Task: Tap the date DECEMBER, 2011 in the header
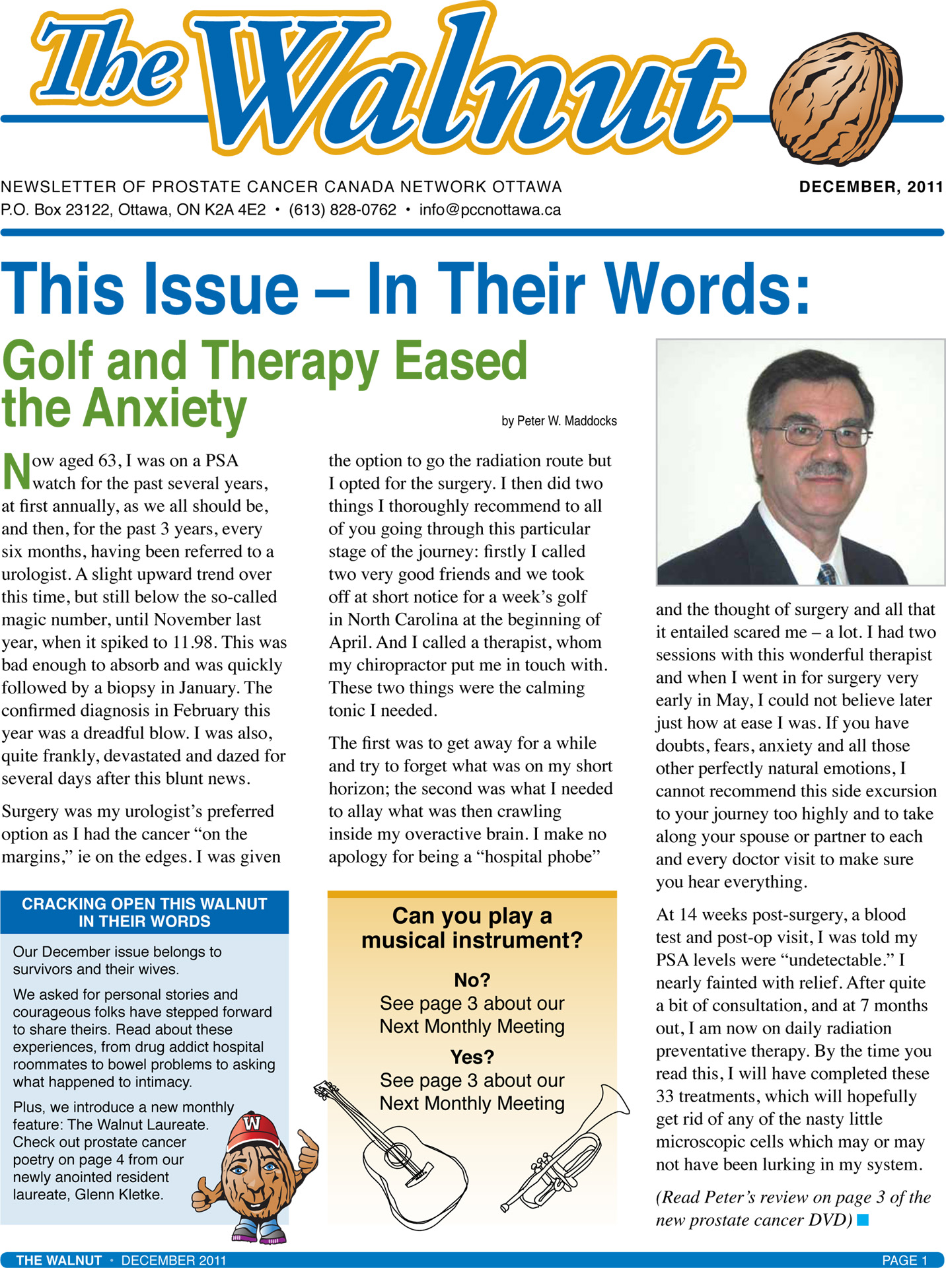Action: [x=871, y=187]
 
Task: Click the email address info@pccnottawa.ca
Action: [x=490, y=210]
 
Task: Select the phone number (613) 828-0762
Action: [x=342, y=210]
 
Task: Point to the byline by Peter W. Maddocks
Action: [x=559, y=421]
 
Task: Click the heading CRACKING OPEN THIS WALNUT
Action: [x=144, y=904]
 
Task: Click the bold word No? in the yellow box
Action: [x=472, y=980]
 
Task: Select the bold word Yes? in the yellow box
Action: [x=472, y=1057]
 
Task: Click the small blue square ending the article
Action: [x=862, y=1220]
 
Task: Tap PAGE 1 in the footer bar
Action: [x=904, y=1260]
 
